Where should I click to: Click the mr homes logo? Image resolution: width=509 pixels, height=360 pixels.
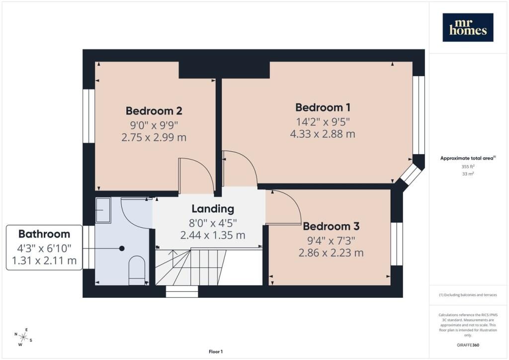[468, 27]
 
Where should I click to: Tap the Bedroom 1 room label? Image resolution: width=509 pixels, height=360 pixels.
[323, 107]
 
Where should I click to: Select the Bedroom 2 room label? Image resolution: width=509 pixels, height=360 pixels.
[154, 111]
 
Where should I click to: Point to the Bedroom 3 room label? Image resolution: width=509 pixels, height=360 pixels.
[331, 226]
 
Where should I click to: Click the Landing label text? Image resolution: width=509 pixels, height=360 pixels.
[213, 209]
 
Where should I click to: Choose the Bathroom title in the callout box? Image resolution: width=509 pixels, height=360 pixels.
[44, 234]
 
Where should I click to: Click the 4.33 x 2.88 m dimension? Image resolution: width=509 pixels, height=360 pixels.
[323, 134]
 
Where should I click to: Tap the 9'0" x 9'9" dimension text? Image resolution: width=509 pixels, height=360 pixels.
[154, 125]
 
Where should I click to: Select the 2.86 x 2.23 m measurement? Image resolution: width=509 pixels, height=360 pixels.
[331, 253]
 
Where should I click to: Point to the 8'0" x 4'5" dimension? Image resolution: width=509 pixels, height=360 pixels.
[213, 223]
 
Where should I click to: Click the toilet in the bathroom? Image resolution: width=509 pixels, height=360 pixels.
[137, 270]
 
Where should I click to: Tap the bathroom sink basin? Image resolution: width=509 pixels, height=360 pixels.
[103, 210]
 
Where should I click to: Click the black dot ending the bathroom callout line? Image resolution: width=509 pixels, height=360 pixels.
[122, 249]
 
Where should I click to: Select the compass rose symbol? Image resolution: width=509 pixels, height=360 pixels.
[23, 337]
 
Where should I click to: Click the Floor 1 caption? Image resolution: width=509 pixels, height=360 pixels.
[216, 352]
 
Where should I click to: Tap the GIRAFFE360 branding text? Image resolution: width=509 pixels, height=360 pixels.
[468, 345]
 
